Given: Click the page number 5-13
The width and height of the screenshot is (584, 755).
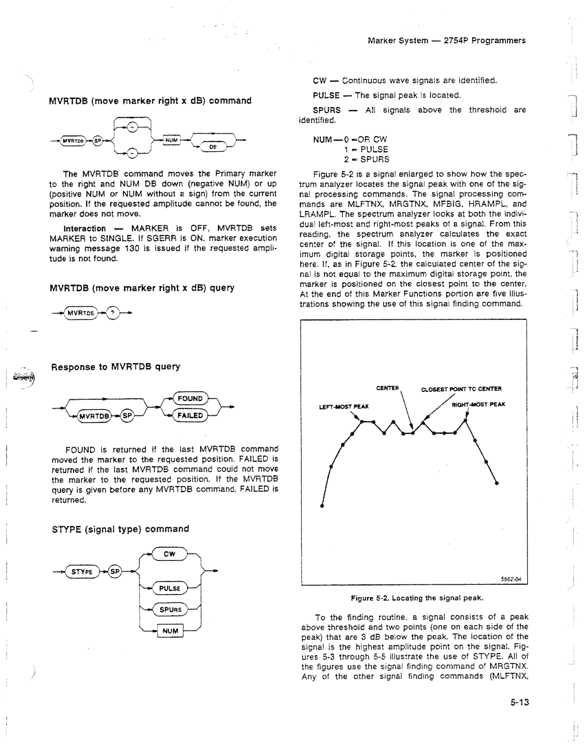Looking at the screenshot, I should [518, 703].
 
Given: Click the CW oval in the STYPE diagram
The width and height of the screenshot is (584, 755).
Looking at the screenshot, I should [169, 554].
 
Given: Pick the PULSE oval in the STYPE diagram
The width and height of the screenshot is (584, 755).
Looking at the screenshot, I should [169, 589].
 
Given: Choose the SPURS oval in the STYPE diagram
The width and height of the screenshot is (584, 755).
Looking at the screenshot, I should [170, 610].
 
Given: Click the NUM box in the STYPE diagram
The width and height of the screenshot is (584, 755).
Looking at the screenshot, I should [170, 630].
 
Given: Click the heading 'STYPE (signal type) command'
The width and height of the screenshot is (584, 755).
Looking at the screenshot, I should [120, 529].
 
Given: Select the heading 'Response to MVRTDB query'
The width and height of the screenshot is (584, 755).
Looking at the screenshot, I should [115, 366].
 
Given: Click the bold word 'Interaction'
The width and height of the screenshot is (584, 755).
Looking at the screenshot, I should [85, 229].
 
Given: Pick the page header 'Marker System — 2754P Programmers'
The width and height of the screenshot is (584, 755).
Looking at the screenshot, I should [447, 41].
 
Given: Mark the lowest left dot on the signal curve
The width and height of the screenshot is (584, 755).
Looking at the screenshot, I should [322, 506].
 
